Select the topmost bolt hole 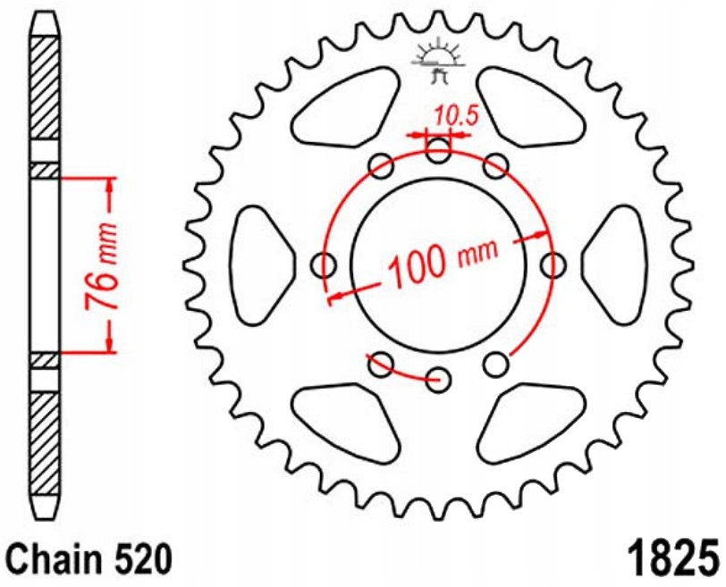(x=438, y=151)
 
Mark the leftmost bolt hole (x=325, y=264)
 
